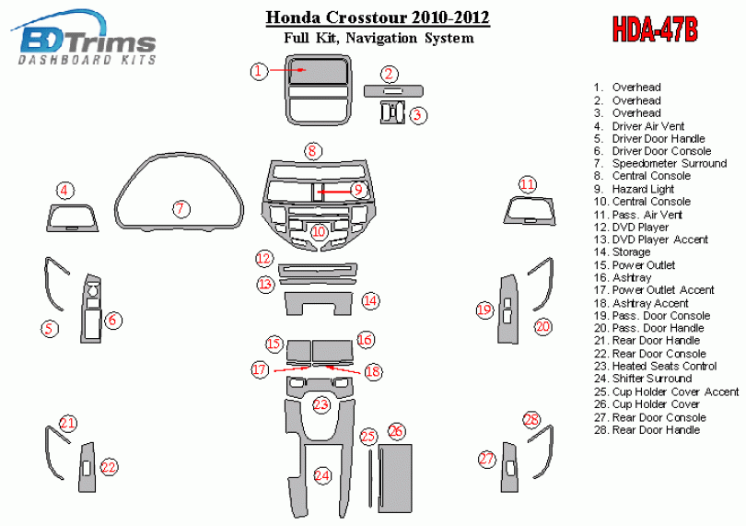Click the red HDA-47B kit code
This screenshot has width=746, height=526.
[x=655, y=29]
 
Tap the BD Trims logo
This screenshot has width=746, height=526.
[x=85, y=37]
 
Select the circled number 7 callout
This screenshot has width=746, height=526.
[x=181, y=208]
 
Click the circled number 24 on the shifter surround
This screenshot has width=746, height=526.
[x=322, y=475]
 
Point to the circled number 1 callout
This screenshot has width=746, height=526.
[x=259, y=72]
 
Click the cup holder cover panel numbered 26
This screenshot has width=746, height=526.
[x=395, y=478]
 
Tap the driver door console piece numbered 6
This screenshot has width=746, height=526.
[x=91, y=309]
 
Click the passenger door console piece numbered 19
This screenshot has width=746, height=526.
[x=507, y=309]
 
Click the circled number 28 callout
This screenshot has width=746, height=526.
[x=531, y=419]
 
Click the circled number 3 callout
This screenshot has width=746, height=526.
[x=417, y=115]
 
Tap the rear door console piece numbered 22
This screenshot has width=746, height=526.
[x=87, y=467]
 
